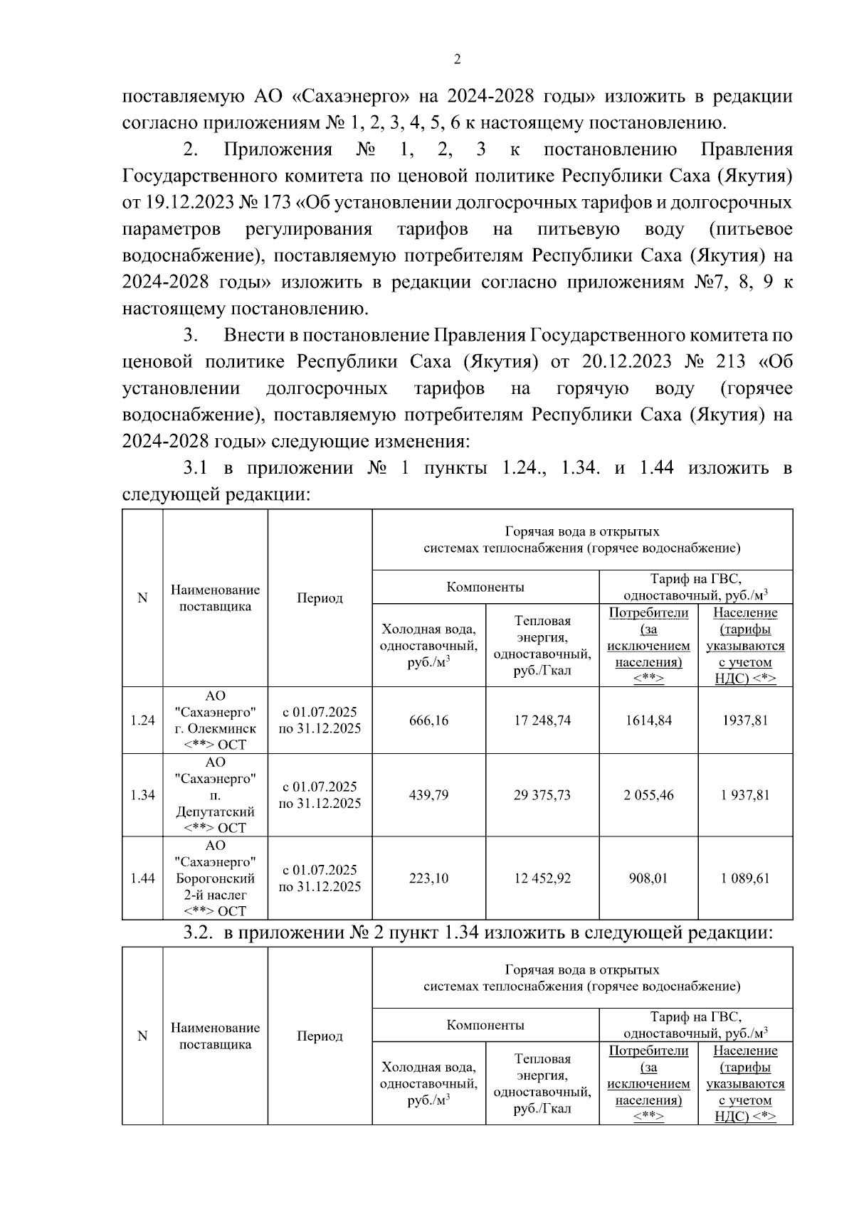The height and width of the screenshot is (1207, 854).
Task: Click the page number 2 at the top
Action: (457, 60)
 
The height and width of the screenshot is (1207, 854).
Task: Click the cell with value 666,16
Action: (428, 721)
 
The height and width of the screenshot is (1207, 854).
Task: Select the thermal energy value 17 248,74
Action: (542, 721)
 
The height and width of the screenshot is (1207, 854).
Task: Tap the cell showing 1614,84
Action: (648, 721)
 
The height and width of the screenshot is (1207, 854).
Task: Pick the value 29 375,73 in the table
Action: (542, 795)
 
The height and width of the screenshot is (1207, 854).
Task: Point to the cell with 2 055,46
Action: (648, 795)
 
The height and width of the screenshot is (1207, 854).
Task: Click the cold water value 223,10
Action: (428, 878)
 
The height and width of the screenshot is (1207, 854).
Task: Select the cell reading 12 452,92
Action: (542, 878)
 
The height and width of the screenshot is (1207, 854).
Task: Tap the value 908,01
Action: (648, 878)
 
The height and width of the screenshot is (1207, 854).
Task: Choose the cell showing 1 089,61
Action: (745, 878)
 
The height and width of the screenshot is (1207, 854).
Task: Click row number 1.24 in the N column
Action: (142, 721)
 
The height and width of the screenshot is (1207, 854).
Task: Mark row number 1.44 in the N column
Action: (142, 878)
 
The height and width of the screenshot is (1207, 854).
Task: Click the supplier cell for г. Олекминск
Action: (215, 721)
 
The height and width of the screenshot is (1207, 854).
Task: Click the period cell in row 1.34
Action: (320, 795)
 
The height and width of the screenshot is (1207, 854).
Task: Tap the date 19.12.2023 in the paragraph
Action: (185, 203)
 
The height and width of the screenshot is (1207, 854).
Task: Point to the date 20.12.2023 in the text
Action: (626, 362)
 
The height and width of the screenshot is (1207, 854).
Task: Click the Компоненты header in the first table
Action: (485, 587)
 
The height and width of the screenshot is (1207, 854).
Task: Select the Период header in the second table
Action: (320, 1036)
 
